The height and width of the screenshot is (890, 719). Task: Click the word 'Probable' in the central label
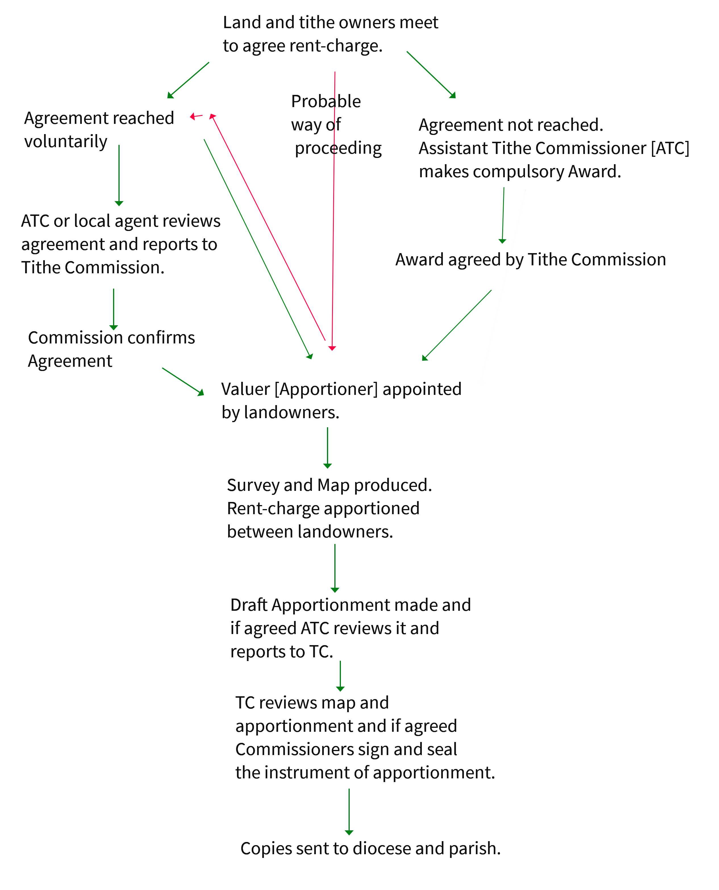[x=326, y=101]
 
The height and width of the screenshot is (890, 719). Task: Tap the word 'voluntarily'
[x=66, y=142]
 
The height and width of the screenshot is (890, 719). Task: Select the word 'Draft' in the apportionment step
[x=249, y=605]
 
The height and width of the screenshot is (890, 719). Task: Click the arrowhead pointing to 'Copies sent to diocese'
[x=349, y=832]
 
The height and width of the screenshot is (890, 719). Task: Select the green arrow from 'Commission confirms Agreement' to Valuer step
[x=183, y=381]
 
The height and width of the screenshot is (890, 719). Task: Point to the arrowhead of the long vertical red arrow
[x=332, y=348]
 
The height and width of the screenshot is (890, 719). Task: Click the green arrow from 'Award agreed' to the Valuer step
[x=457, y=325]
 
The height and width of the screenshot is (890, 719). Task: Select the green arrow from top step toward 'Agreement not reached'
[x=431, y=74]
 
